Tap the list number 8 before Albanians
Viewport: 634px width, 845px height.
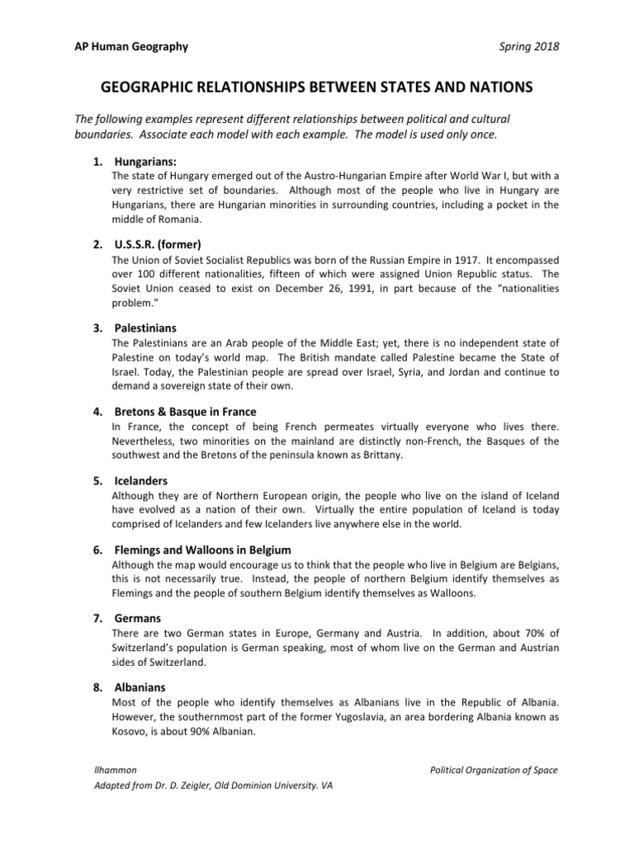[97, 687]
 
